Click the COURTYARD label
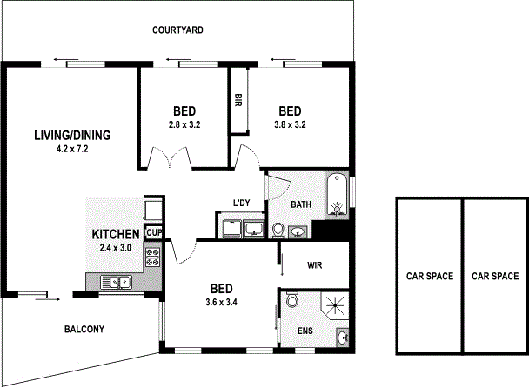[177, 30]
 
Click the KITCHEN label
[116, 234]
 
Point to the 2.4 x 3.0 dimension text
[116, 248]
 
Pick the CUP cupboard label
[154, 232]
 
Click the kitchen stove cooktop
[152, 256]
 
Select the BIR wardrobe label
[238, 100]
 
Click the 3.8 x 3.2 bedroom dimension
[291, 124]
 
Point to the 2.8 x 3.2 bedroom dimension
[184, 124]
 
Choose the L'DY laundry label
[241, 204]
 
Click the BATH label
[301, 205]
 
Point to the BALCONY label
[84, 329]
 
